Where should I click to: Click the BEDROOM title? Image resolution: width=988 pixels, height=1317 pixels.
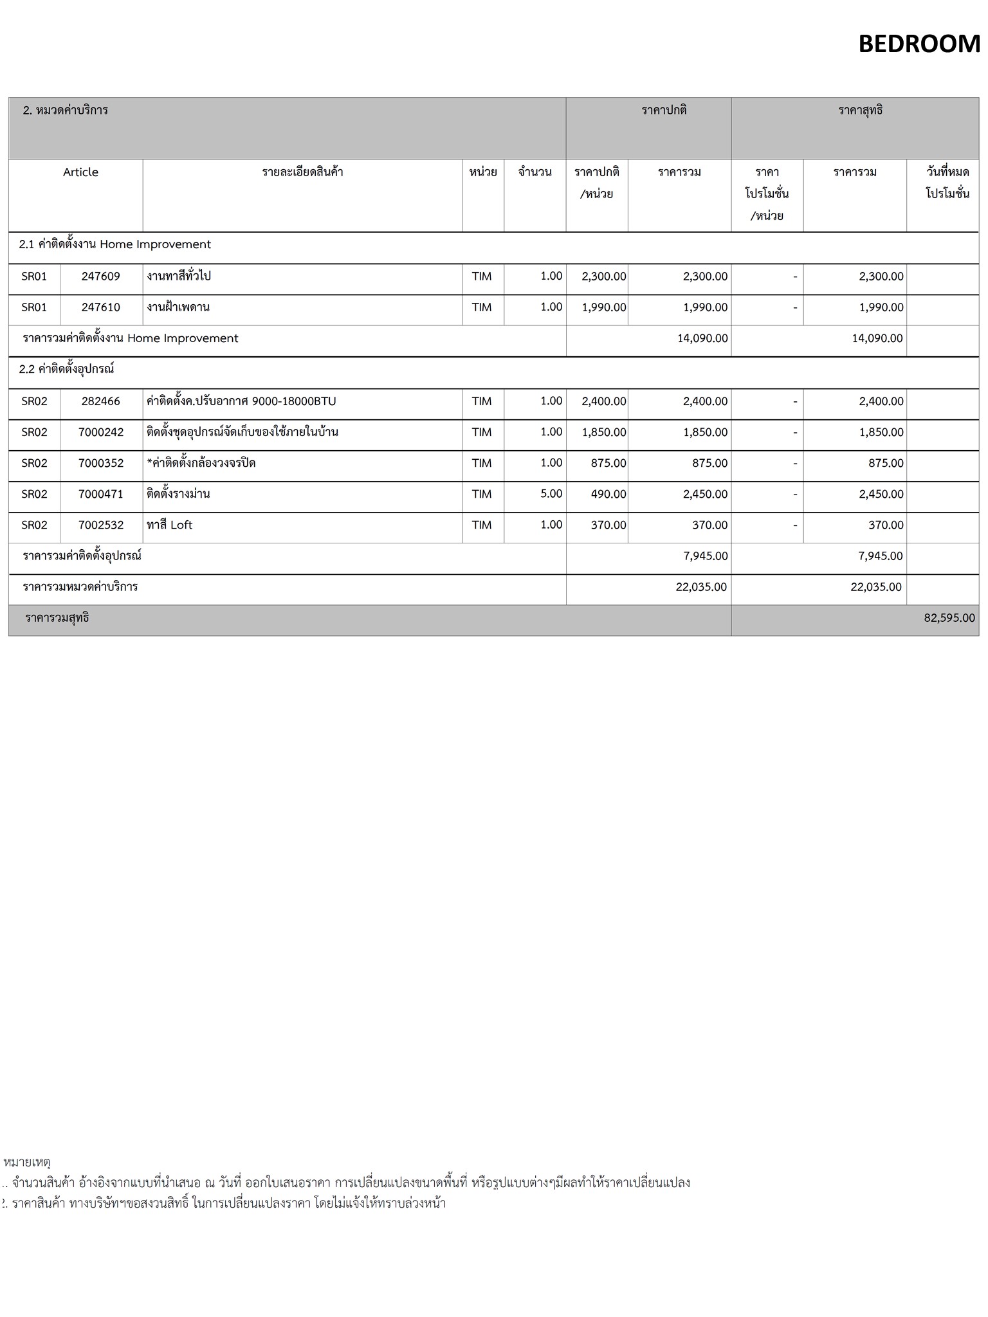coord(919,44)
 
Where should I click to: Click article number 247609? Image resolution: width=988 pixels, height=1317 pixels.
coord(100,277)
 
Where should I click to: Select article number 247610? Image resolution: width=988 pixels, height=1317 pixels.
coord(100,307)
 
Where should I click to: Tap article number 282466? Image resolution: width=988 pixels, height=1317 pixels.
coord(100,401)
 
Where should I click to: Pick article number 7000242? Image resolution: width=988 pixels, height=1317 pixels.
coord(100,432)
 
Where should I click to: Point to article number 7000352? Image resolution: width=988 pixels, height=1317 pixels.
coord(100,463)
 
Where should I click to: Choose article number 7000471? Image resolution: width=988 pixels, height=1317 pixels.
coord(100,494)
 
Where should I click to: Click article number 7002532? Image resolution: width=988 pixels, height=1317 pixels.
coord(100,525)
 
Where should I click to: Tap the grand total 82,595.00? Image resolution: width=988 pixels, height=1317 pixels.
coord(949,618)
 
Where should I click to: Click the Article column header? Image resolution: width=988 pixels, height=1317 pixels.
coord(80,172)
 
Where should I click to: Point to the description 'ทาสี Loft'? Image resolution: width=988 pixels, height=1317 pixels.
coord(170,525)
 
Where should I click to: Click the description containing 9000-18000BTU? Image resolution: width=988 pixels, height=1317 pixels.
coord(241,401)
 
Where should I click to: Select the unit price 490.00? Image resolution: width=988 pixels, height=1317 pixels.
coord(608,494)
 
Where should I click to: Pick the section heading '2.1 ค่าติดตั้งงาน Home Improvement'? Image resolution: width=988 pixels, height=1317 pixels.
coord(115,244)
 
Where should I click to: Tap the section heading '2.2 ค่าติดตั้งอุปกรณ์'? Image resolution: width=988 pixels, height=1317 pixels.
coord(66,369)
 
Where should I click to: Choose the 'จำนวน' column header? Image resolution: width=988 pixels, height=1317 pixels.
coord(535,172)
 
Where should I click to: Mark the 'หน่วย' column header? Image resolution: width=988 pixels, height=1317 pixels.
coord(482,172)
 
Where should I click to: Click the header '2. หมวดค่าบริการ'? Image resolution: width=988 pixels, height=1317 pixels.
coord(65,110)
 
